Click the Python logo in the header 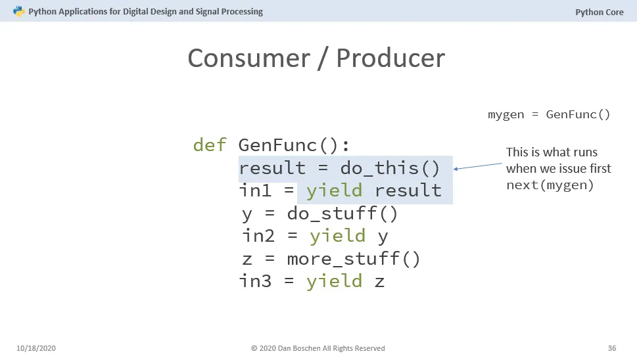pyautogui.click(x=18, y=11)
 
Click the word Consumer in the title pyautogui.click(x=248, y=58)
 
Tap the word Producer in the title pyautogui.click(x=390, y=58)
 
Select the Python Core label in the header pyautogui.click(x=600, y=12)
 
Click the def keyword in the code pyautogui.click(x=210, y=145)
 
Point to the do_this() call pyautogui.click(x=390, y=168)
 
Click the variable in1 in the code pyautogui.click(x=255, y=191)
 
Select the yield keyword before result pyautogui.click(x=334, y=191)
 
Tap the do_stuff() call pyautogui.click(x=342, y=214)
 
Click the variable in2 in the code pyautogui.click(x=258, y=236)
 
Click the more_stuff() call pyautogui.click(x=354, y=259)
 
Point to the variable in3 pyautogui.click(x=255, y=281)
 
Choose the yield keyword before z pyautogui.click(x=334, y=282)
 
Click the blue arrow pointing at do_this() pyautogui.click(x=478, y=166)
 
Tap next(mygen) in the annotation pyautogui.click(x=550, y=185)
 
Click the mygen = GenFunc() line pyautogui.click(x=549, y=114)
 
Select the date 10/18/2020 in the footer pyautogui.click(x=36, y=348)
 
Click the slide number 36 pyautogui.click(x=612, y=348)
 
